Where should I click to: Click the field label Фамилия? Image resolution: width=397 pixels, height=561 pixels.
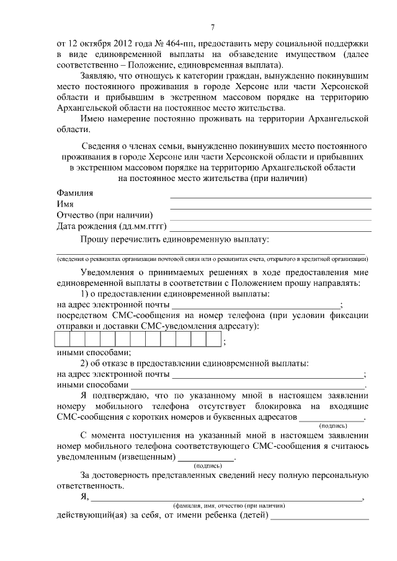point(75,193)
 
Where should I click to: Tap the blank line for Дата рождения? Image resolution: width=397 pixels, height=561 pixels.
point(270,230)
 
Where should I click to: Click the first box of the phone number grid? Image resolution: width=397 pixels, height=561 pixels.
point(63,339)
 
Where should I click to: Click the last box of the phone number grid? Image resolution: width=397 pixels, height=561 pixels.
point(214,339)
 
